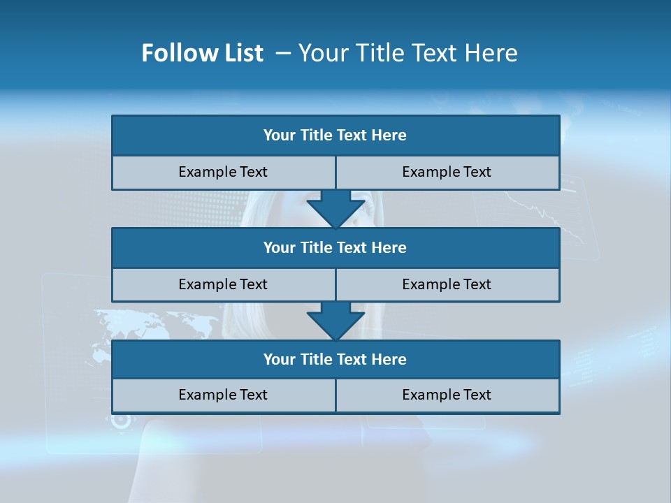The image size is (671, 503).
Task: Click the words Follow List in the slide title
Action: coord(202,53)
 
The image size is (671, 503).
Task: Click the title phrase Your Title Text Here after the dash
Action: coord(407,53)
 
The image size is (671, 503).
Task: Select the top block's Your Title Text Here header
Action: coord(335,136)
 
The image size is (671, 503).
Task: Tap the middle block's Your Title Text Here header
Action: coord(335,247)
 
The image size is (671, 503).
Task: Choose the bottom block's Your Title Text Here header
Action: coord(335,359)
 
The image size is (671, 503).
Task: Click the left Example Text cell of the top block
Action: coord(223,172)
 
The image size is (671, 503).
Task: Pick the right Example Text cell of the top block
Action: coord(447,172)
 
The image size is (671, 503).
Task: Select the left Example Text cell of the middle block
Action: coord(223,284)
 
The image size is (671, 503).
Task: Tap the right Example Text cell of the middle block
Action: coord(447,284)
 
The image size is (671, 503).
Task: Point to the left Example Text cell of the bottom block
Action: coord(223,395)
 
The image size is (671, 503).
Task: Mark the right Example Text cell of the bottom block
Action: coord(447,395)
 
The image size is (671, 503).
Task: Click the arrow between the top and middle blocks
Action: coord(335,208)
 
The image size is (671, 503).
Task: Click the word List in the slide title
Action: coord(244,53)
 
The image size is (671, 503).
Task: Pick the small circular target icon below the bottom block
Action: coord(122,420)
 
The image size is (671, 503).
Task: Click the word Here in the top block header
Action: coord(389,136)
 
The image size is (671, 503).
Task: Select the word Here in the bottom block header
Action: coord(389,359)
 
